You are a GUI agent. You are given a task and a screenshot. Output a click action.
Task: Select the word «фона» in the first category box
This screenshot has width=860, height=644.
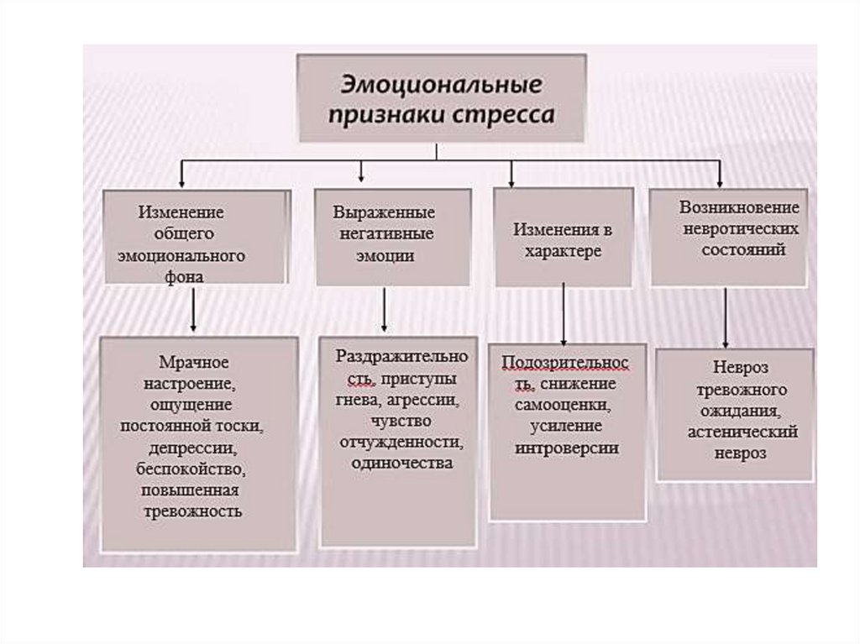tap(184, 276)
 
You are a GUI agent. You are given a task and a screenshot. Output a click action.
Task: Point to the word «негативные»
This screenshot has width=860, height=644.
tap(386, 234)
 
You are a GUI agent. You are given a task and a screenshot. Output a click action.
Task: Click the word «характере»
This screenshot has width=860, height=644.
tap(563, 251)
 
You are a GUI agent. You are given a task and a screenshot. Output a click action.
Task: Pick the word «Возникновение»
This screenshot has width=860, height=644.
tap(739, 207)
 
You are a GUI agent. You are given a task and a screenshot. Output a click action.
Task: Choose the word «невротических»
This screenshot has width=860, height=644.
tap(741, 228)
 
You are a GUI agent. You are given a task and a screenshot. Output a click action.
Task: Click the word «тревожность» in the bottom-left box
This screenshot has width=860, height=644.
tap(192, 511)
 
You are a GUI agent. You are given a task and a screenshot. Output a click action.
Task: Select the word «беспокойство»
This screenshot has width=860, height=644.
tap(191, 469)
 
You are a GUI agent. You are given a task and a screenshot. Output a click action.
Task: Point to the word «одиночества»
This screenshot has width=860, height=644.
tap(401, 463)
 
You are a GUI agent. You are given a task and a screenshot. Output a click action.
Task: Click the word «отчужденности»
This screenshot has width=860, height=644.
tap(401, 442)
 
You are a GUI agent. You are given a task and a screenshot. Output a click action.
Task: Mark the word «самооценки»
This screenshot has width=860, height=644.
tap(564, 406)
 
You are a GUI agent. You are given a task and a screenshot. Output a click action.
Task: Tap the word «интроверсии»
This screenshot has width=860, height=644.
tap(567, 448)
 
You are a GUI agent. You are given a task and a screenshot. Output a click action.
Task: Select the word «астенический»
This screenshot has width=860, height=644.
tap(742, 432)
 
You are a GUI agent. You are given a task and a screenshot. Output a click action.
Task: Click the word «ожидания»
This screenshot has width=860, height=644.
tap(739, 411)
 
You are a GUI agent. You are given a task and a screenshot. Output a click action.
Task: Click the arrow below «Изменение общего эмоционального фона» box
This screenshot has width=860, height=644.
tap(193, 309)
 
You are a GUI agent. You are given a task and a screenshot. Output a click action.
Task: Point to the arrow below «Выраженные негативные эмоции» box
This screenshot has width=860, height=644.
tap(383, 309)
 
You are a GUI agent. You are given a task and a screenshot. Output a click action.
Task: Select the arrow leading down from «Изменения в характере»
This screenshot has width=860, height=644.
tap(564, 313)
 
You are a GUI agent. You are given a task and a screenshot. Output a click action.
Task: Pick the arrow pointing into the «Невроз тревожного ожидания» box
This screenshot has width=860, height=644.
tap(725, 317)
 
